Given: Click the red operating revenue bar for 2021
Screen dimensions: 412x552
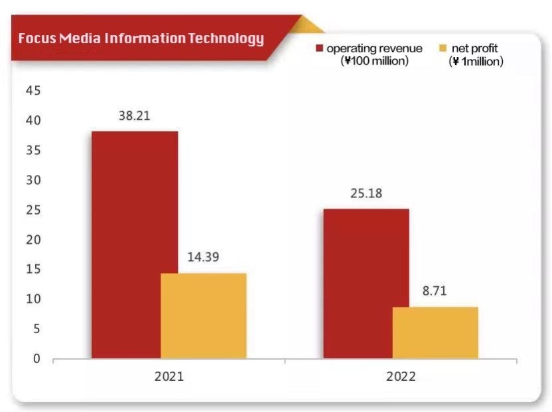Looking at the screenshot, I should [134, 245].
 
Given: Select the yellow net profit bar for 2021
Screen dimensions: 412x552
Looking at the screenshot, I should [204, 316].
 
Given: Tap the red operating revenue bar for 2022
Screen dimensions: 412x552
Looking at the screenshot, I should [366, 283].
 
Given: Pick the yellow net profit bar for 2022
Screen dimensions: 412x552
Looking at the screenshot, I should [435, 333].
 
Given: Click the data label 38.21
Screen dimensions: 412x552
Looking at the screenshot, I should [134, 115].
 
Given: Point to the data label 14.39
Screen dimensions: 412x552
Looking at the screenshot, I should [204, 256].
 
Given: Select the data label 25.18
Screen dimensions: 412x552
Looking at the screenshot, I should [366, 194].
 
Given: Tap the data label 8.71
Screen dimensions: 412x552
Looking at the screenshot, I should [435, 290].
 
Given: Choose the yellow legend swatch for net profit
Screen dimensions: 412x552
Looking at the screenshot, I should [443, 48].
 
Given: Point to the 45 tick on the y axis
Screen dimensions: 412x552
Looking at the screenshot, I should [33, 91].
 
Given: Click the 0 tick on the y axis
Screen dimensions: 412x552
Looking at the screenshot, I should [36, 359].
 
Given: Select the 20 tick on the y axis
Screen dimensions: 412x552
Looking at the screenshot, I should [33, 240].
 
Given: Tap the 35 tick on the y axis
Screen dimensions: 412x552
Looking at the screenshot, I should [33, 150].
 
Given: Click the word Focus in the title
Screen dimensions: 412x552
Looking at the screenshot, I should [36, 38].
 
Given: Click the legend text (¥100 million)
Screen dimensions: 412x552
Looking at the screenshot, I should [374, 61].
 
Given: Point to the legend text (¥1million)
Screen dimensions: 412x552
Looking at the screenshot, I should [476, 61].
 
